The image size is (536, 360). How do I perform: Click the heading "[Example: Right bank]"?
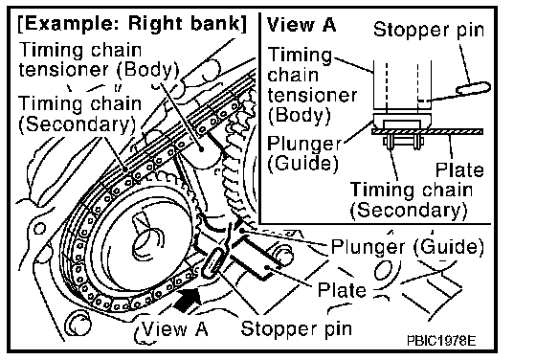[132, 24]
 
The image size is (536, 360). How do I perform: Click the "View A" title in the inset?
[301, 25]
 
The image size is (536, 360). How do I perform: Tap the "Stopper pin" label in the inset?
[429, 30]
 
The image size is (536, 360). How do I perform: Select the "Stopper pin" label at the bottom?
[297, 329]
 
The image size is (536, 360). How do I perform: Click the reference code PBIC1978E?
[441, 341]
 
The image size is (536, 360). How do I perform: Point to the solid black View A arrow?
[188, 300]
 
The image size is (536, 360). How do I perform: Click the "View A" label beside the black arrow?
[174, 329]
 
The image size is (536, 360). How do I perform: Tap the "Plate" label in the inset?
[459, 169]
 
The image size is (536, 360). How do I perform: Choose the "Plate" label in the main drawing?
[342, 290]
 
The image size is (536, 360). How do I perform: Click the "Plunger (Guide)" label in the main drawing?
[408, 246]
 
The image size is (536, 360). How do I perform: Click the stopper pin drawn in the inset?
[474, 88]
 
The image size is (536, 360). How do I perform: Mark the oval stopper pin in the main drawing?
[212, 262]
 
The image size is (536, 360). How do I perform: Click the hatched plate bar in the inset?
[427, 131]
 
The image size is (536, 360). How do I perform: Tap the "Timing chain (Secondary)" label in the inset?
[412, 200]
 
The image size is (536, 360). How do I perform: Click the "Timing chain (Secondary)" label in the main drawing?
[79, 114]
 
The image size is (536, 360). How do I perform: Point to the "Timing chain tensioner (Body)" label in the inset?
[312, 85]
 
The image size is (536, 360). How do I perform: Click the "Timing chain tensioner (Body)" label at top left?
[99, 59]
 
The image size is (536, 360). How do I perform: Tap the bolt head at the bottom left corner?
[78, 323]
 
